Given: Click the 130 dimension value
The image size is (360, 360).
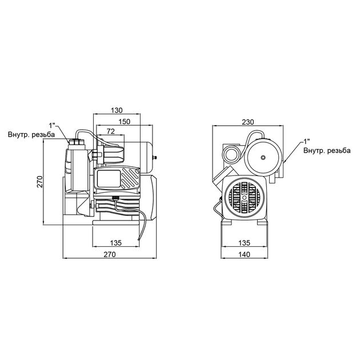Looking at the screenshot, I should click(x=117, y=111).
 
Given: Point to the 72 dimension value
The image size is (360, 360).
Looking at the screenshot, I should click(x=111, y=132).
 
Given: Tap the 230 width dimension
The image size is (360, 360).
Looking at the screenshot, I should click(x=248, y=122).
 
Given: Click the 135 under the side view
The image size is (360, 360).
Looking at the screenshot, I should click(x=117, y=243).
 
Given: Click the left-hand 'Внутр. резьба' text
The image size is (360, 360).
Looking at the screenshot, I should click(x=31, y=135).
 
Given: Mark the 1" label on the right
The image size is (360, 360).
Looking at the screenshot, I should click(x=307, y=140).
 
